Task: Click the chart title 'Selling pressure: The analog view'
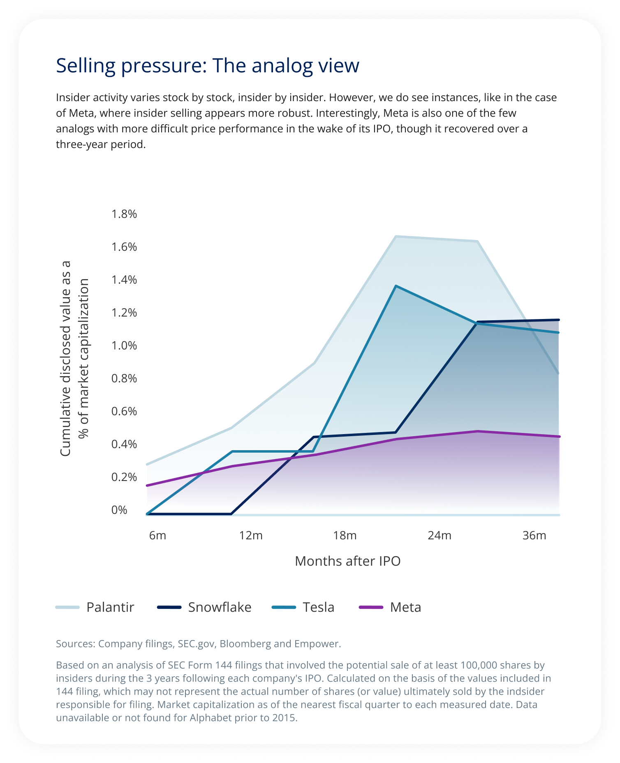[x=208, y=66]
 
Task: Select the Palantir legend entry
[x=95, y=607]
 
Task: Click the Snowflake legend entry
[x=204, y=607]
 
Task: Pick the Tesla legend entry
[x=303, y=607]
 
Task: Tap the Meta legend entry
[x=390, y=607]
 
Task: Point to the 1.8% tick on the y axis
[x=124, y=214]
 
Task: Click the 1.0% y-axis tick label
[x=124, y=345]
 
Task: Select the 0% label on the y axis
[x=119, y=510]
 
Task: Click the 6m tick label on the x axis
[x=157, y=535]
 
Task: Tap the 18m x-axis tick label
[x=345, y=535]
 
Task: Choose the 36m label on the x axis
[x=534, y=535]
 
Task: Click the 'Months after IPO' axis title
[x=348, y=561]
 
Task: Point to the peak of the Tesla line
[x=396, y=286]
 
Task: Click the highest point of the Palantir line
[x=396, y=236]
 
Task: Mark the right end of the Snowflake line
[x=559, y=319]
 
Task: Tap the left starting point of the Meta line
[x=147, y=486]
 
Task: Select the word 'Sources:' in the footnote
[x=75, y=643]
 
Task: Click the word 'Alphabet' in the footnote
[x=208, y=718]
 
